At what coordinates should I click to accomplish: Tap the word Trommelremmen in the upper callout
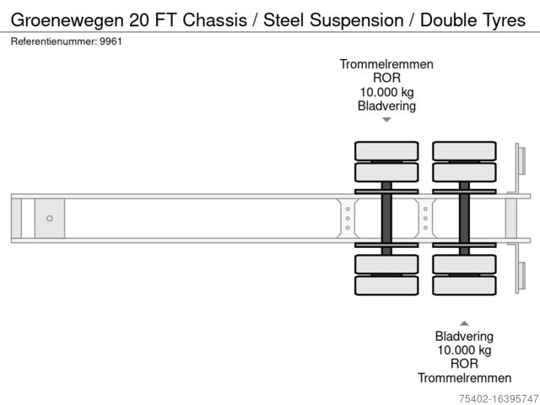pos(386,64)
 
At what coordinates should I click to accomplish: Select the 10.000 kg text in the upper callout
pos(386,92)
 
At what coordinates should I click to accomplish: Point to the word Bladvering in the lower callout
pos(464,336)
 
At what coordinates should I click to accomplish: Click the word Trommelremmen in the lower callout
pos(464,377)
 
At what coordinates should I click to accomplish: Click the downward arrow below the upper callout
pos(386,120)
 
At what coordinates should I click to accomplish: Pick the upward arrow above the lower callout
pos(464,322)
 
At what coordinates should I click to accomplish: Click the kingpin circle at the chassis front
pos(50,219)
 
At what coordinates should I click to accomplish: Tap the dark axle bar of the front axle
pos(386,219)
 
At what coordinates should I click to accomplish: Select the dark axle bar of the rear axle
pos(464,219)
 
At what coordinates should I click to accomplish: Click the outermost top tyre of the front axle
pos(386,151)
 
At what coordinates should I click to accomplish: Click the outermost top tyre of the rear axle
pos(464,151)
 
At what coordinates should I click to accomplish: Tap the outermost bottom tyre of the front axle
pos(386,287)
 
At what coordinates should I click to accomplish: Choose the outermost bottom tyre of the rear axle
pos(464,287)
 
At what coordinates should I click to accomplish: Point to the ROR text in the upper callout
pos(386,78)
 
